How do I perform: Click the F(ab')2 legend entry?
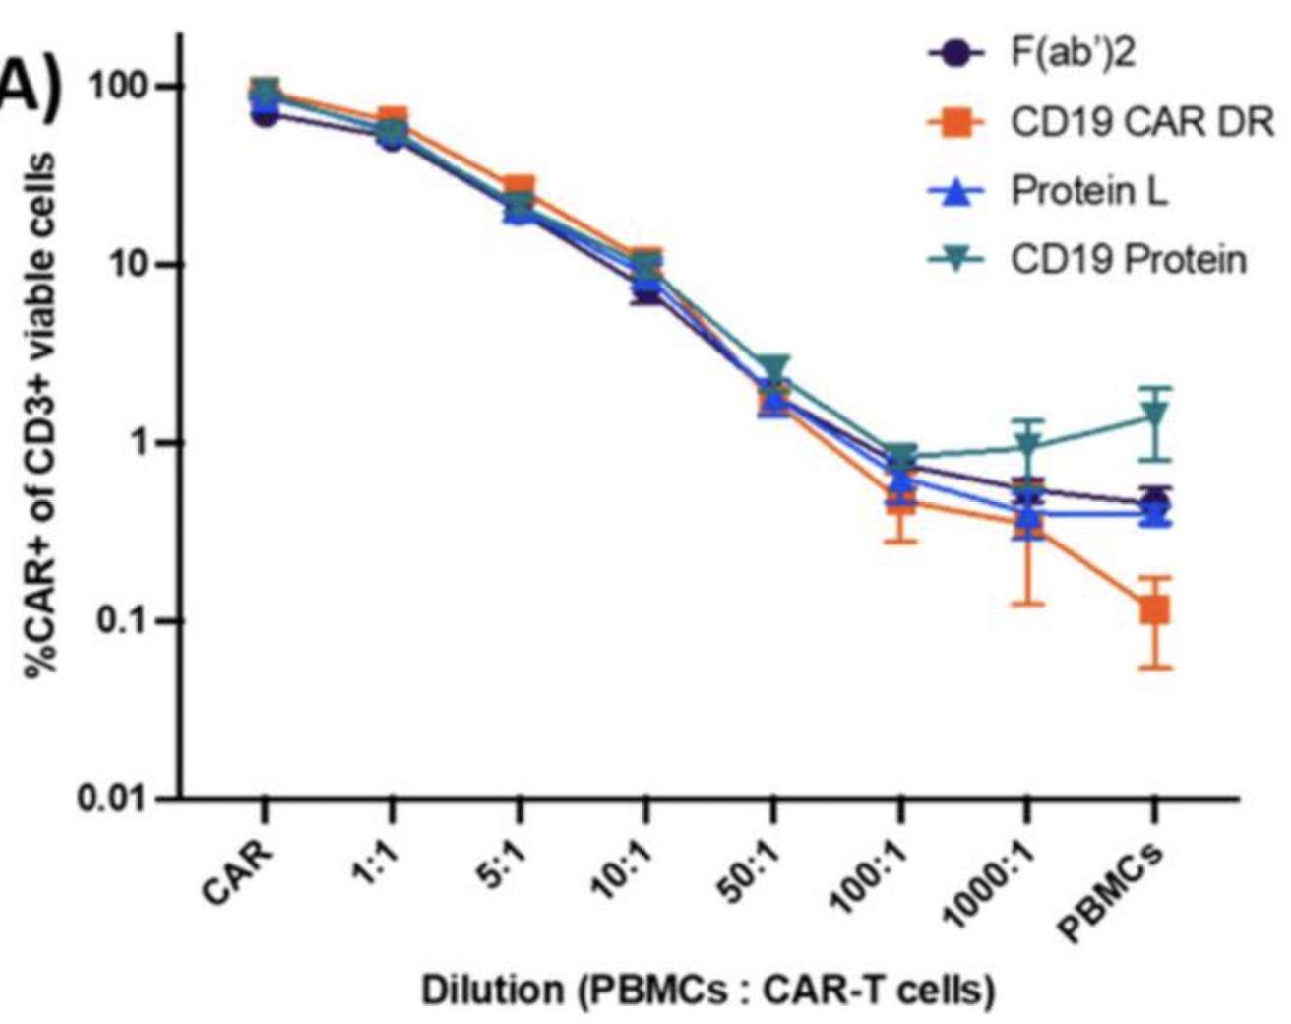1073,53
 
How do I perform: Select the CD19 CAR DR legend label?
1141,122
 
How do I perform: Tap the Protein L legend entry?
1089,191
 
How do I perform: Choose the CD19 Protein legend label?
1129,260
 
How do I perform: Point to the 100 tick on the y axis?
119,87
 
